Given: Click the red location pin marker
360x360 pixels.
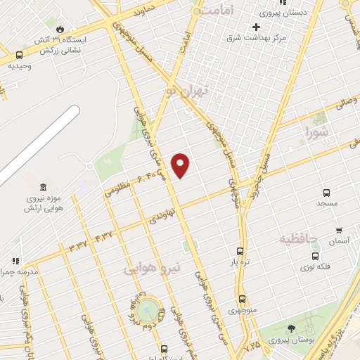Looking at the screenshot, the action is pos(181,165).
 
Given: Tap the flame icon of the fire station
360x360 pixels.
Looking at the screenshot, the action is pos(60,29).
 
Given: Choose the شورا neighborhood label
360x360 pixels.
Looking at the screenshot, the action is pos(318,131).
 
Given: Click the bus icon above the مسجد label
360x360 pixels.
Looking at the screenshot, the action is pos(327,193).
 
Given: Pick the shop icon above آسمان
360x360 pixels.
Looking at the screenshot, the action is pos(339,230).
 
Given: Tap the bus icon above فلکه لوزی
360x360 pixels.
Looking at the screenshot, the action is pos(315,256).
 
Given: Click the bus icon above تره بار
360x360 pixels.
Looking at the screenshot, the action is pos(240,251).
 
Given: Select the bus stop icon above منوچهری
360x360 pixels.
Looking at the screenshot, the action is pos(242,299).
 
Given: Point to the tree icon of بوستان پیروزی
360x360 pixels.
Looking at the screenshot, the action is pos(291,328).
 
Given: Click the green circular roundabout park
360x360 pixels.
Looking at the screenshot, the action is pos(148,308).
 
